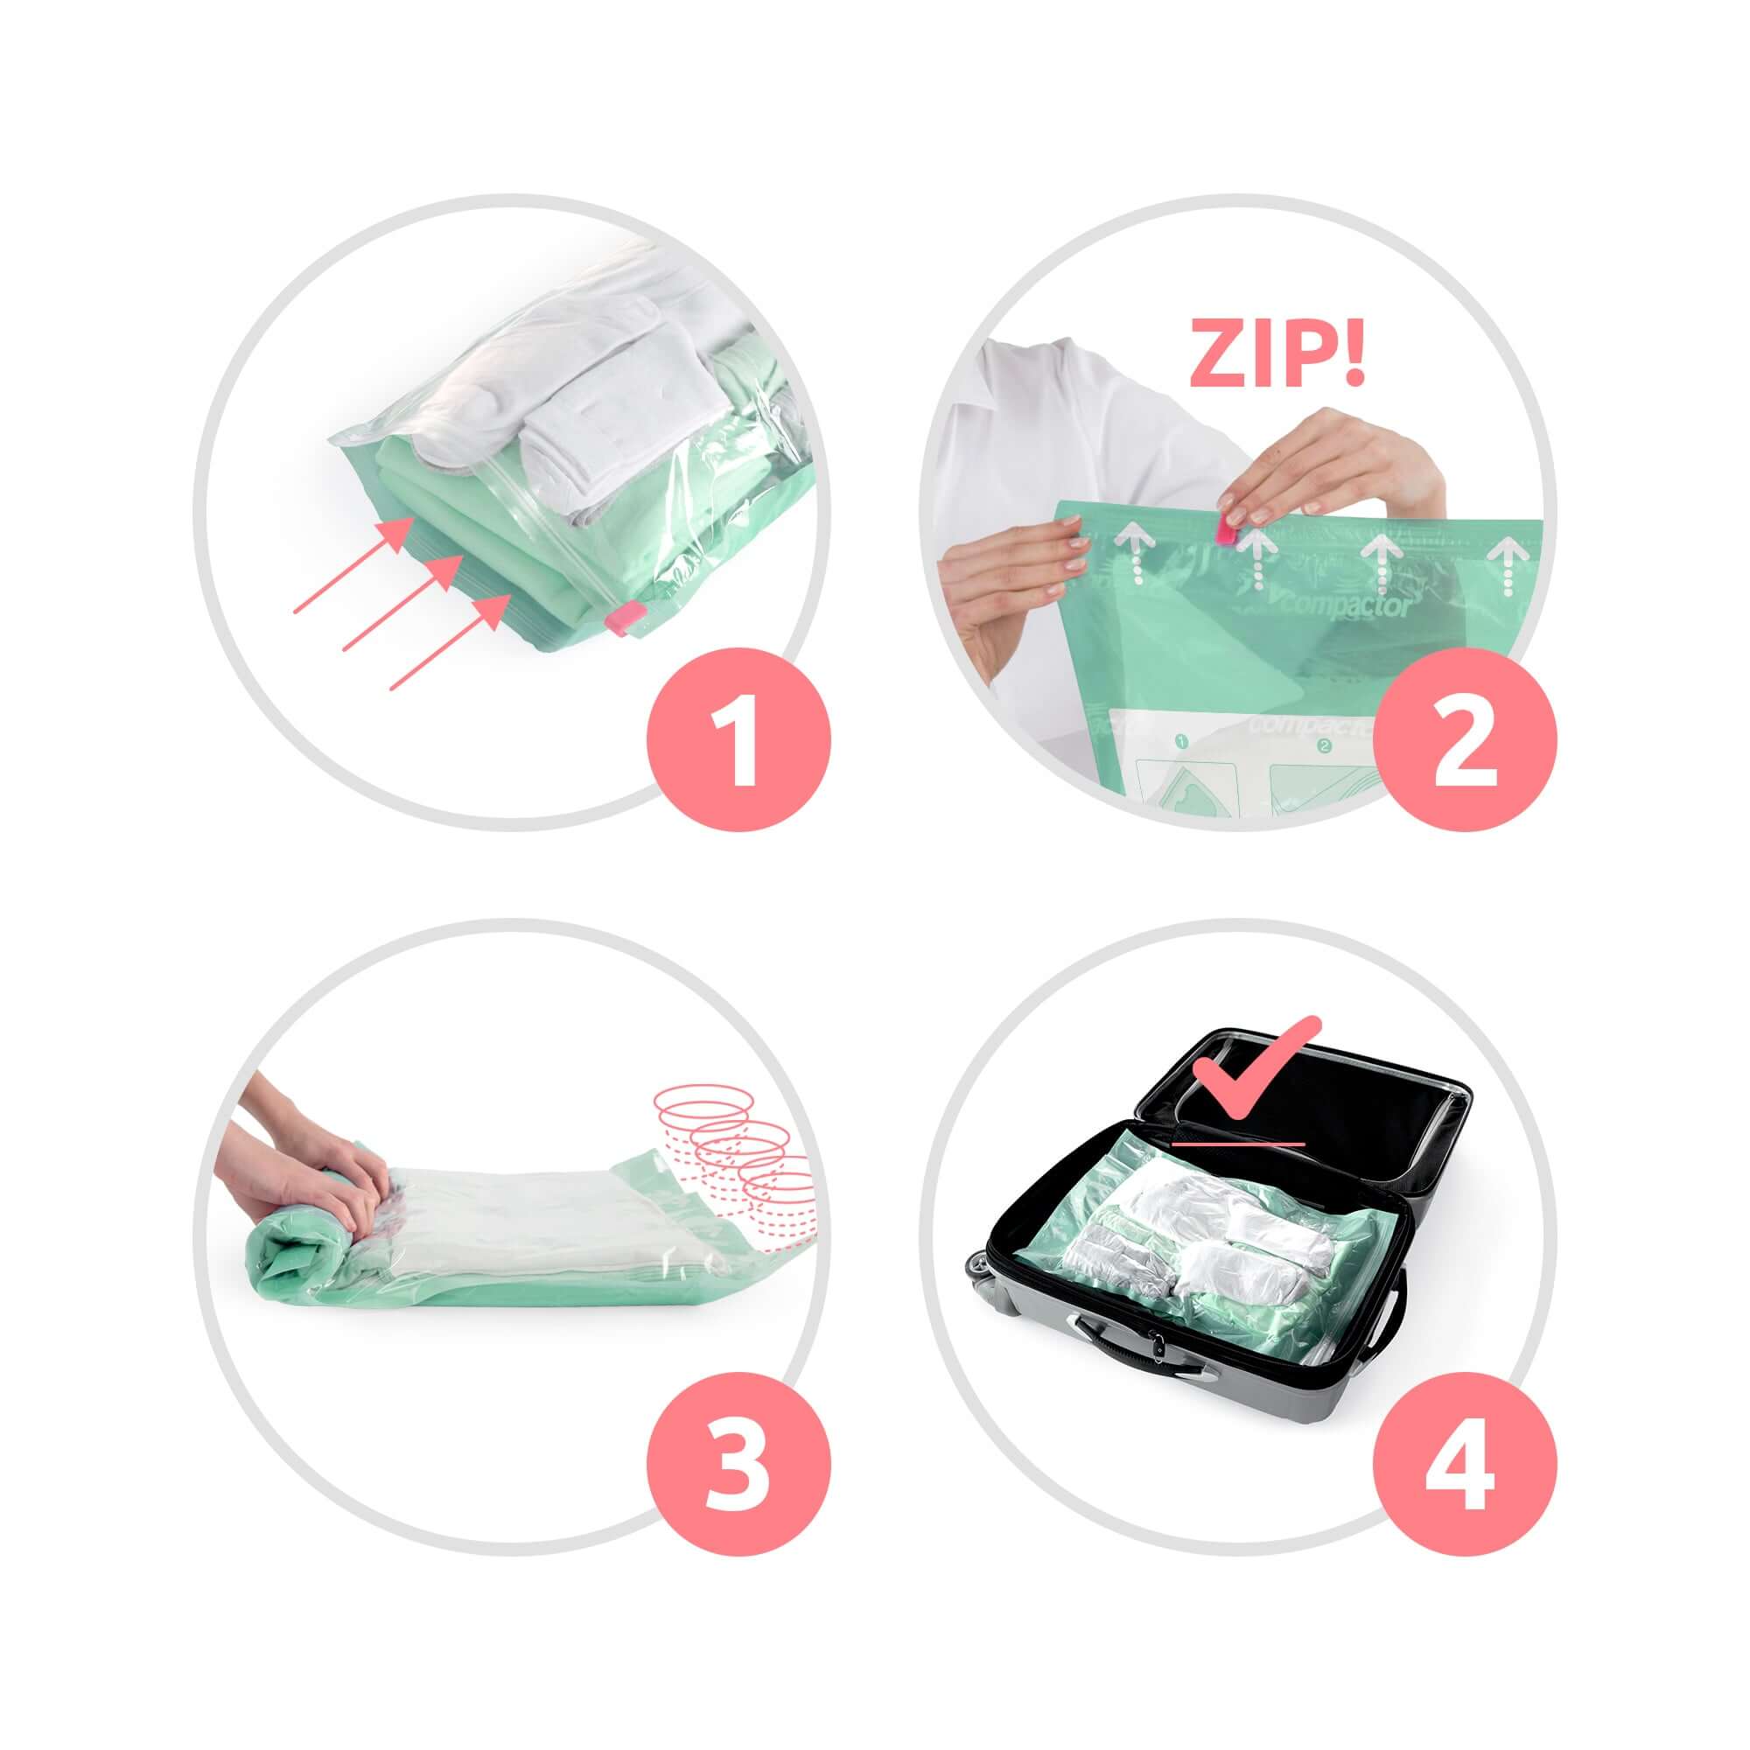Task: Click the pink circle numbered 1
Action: coord(738,739)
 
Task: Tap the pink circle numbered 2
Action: coord(1465,739)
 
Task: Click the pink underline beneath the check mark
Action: coord(1237,1143)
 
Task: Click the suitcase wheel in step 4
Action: coord(981,1268)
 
